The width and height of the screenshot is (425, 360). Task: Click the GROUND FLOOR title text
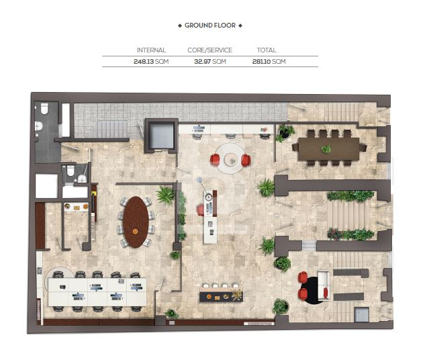pos(210,26)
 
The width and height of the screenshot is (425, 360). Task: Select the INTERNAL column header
pos(151,50)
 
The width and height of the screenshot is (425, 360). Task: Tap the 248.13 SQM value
pos(151,62)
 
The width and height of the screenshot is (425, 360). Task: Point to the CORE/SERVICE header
pos(209,50)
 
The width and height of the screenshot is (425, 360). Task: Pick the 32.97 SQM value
pos(210,62)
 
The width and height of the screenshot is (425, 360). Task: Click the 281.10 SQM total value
pos(269,62)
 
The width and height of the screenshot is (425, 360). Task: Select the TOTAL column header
pos(267,50)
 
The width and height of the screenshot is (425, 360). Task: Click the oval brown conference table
pos(136,222)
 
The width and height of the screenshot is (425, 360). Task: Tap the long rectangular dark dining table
pos(329,149)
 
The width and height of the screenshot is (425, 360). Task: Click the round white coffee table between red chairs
pos(231,160)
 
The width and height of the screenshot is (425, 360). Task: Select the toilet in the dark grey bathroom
pos(44,108)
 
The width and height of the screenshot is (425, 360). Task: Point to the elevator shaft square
pos(161,136)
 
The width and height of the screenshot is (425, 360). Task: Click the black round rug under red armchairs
pos(312,290)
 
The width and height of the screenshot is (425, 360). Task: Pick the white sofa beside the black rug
pos(324,285)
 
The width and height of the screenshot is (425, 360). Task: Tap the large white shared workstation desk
pos(97,292)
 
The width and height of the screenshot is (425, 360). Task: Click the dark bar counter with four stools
pos(221,296)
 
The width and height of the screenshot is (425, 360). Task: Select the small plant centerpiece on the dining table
pos(326,149)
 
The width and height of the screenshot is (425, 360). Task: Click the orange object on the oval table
pos(135,232)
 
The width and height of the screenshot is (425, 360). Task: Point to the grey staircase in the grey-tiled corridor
pos(113,130)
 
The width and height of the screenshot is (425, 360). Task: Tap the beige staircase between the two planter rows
pos(346,216)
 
